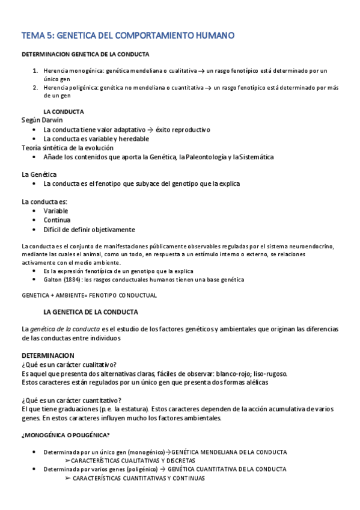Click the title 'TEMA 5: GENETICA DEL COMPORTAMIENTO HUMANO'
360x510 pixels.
coord(127,35)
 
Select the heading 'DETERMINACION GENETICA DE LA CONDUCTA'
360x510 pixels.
coord(86,55)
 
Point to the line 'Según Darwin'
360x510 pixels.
coord(42,120)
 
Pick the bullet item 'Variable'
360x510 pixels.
coord(56,211)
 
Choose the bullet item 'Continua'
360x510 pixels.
coord(57,220)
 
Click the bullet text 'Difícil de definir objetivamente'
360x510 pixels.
coord(89,229)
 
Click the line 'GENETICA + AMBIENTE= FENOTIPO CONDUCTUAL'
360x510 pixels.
coord(89,295)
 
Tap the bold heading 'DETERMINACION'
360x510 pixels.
coord(48,355)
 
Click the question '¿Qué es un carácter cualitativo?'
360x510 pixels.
coord(69,364)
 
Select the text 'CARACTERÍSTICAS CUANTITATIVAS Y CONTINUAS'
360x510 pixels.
coord(138,478)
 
